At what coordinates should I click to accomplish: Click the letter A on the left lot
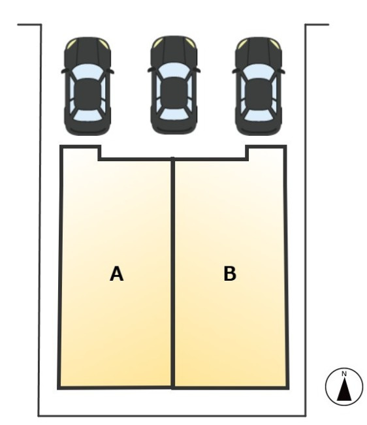click(x=116, y=274)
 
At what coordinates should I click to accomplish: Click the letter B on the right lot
click(x=230, y=273)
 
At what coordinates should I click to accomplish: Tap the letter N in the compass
click(x=344, y=374)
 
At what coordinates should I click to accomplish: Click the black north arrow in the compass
click(x=344, y=390)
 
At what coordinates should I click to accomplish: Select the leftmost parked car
click(x=88, y=86)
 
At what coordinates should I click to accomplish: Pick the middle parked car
click(x=174, y=85)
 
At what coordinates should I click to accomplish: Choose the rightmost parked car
click(x=259, y=86)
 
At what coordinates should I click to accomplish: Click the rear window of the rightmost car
click(x=259, y=115)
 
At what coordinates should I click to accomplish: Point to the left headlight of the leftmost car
click(x=72, y=43)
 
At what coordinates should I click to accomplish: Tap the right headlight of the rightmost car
click(x=275, y=43)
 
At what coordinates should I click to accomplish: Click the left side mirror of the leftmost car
click(x=64, y=71)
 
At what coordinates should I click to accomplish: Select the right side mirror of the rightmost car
click(x=282, y=72)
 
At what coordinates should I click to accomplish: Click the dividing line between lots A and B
click(x=172, y=273)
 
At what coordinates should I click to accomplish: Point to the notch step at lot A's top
click(x=99, y=153)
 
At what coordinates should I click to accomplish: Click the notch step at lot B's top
click(x=247, y=153)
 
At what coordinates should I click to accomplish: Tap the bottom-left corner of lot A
click(x=59, y=388)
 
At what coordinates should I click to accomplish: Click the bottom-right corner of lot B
click(x=288, y=388)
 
